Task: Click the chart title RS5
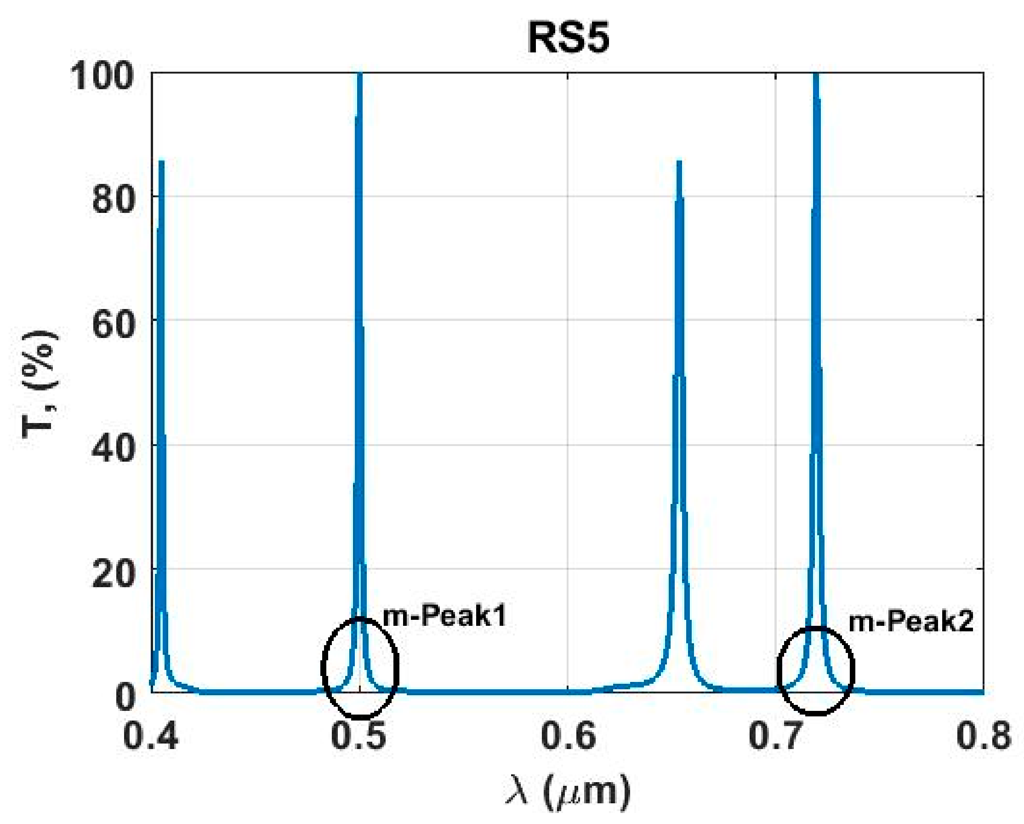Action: (x=568, y=38)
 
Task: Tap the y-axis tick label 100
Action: (x=101, y=76)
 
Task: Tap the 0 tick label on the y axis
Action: (x=125, y=697)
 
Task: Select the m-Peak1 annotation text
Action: (x=444, y=617)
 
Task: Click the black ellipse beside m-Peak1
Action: (x=324, y=665)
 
